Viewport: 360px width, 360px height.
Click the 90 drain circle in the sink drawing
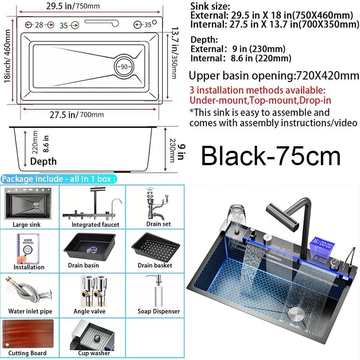124,67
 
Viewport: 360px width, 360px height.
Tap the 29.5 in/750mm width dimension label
73,6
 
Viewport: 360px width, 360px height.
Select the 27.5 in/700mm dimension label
76,114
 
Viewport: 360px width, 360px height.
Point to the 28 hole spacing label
39,25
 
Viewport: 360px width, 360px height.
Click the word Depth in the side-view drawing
43,162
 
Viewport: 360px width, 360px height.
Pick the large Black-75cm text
271,156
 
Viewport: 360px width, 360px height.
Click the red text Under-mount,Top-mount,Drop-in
261,100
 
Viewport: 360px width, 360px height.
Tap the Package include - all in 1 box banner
59,179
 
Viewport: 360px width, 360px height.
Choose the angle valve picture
94,291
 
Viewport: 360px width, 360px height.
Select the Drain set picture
157,204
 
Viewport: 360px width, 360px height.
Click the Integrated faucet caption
95,225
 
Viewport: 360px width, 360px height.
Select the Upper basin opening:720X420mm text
274,76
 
